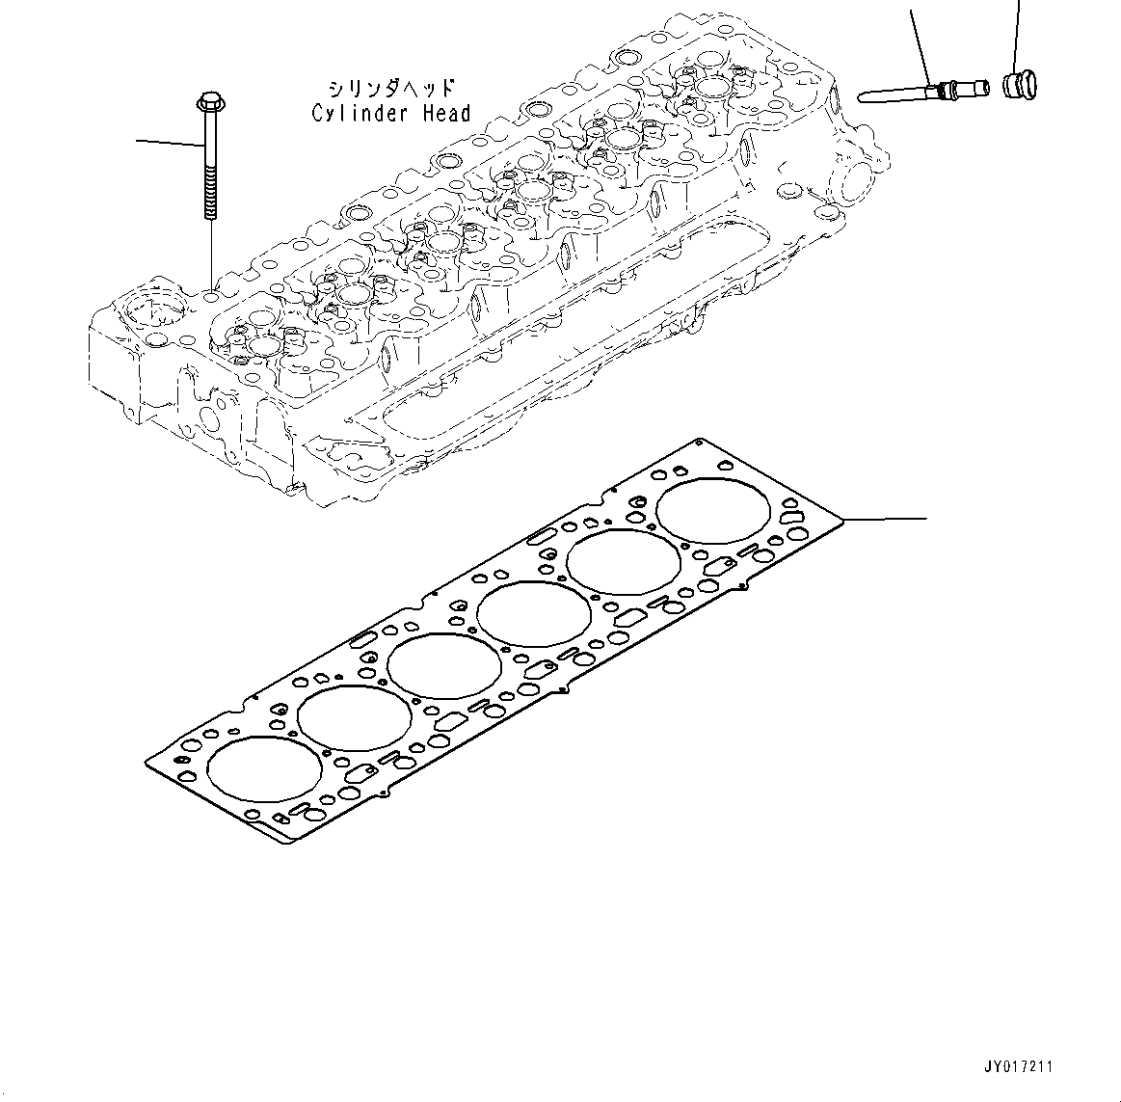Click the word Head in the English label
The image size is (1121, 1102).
447,114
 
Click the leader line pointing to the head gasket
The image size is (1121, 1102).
887,520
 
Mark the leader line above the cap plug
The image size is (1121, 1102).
1016,34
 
